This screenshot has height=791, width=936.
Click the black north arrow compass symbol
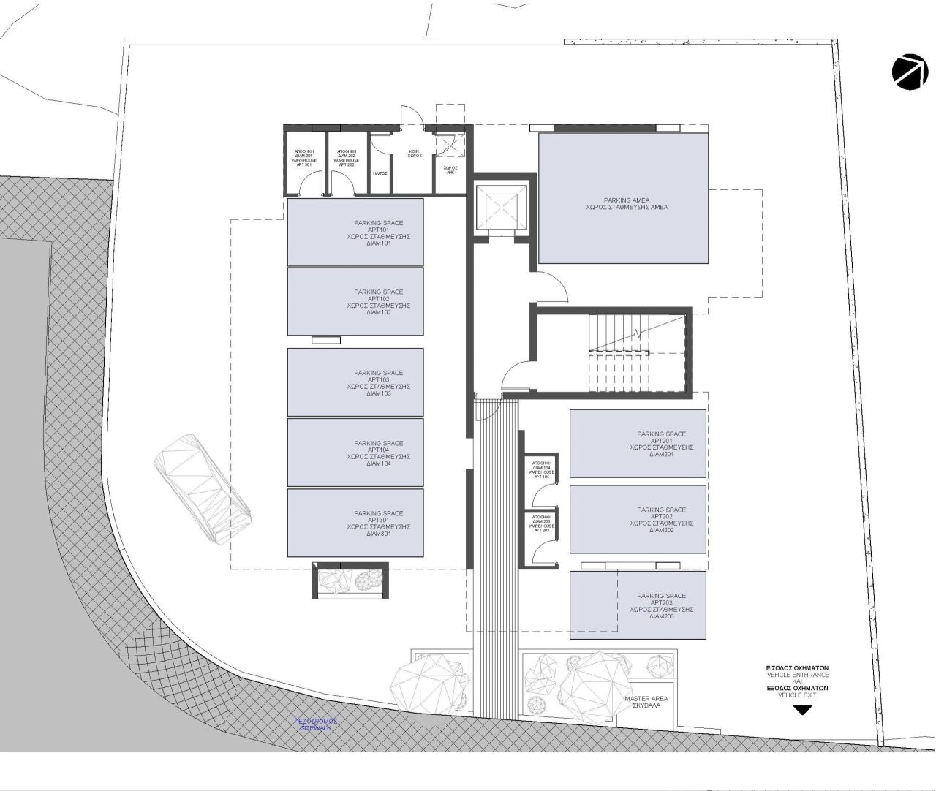point(910,72)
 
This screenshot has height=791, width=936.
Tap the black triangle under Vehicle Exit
point(802,710)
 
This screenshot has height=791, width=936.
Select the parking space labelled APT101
point(355,232)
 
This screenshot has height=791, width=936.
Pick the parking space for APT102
point(355,301)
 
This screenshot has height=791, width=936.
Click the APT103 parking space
point(355,382)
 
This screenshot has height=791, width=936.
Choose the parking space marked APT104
point(355,453)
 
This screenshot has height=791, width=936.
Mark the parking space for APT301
point(355,523)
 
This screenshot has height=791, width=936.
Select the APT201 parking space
point(638,444)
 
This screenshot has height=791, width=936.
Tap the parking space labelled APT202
point(638,519)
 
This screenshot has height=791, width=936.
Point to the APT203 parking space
point(638,605)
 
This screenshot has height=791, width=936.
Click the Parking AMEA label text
point(626,203)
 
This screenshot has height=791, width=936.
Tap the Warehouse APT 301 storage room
point(304,162)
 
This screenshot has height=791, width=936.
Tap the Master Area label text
point(646,703)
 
